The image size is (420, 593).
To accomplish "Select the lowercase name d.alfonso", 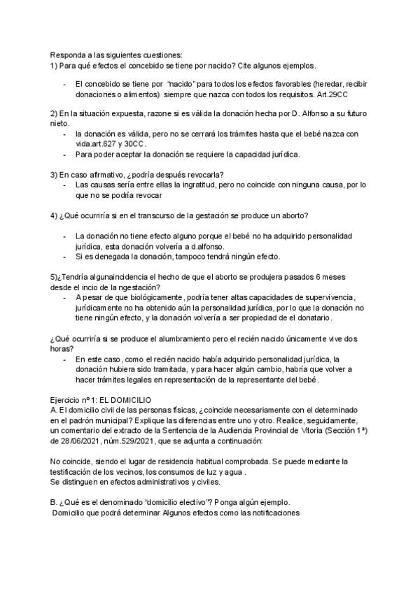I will coord(202,247).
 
